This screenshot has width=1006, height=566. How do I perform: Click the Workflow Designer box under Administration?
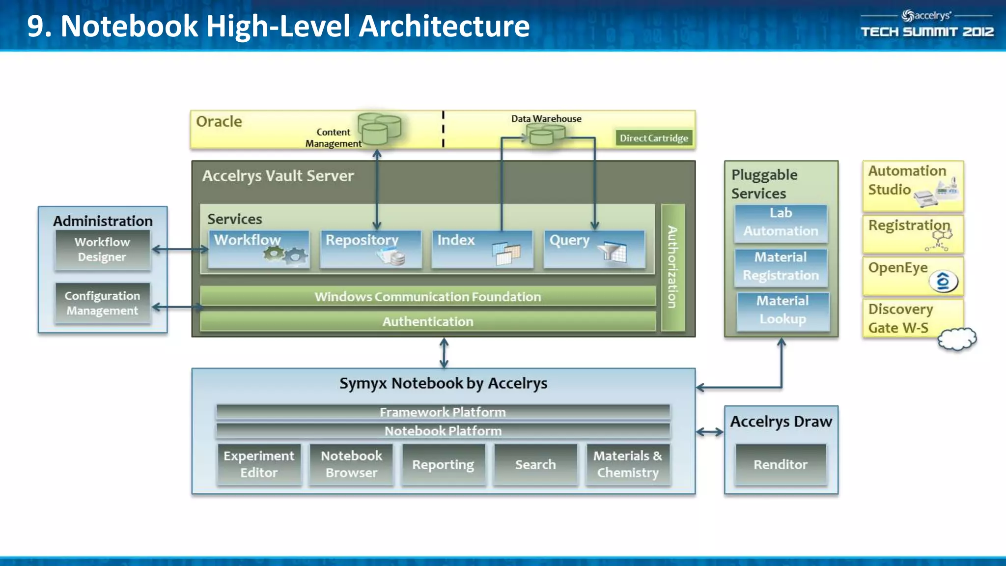(x=102, y=250)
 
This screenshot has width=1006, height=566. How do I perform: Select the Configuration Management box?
(x=102, y=303)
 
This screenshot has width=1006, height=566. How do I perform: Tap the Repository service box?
(x=371, y=249)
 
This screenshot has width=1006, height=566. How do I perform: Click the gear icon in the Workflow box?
(x=285, y=254)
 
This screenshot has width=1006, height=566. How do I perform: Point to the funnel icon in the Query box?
(x=612, y=252)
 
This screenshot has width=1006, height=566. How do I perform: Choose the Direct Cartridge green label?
(x=653, y=138)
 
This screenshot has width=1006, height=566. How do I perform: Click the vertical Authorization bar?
(x=672, y=268)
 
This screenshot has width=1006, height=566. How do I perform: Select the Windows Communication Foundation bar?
(x=427, y=296)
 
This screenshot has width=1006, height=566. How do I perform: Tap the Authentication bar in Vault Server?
(x=427, y=321)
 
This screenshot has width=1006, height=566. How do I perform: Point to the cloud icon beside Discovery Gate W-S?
(x=957, y=339)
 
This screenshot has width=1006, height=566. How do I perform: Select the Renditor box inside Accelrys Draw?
(x=781, y=464)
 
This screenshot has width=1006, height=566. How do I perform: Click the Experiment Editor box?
(x=259, y=464)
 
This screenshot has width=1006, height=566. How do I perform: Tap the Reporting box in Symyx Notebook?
(x=443, y=464)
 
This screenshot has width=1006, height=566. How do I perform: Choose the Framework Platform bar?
(x=443, y=412)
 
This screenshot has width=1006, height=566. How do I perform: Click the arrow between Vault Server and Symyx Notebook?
(x=444, y=353)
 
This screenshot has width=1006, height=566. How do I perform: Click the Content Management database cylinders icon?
(x=379, y=129)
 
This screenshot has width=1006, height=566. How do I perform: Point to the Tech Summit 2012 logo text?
(x=927, y=32)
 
